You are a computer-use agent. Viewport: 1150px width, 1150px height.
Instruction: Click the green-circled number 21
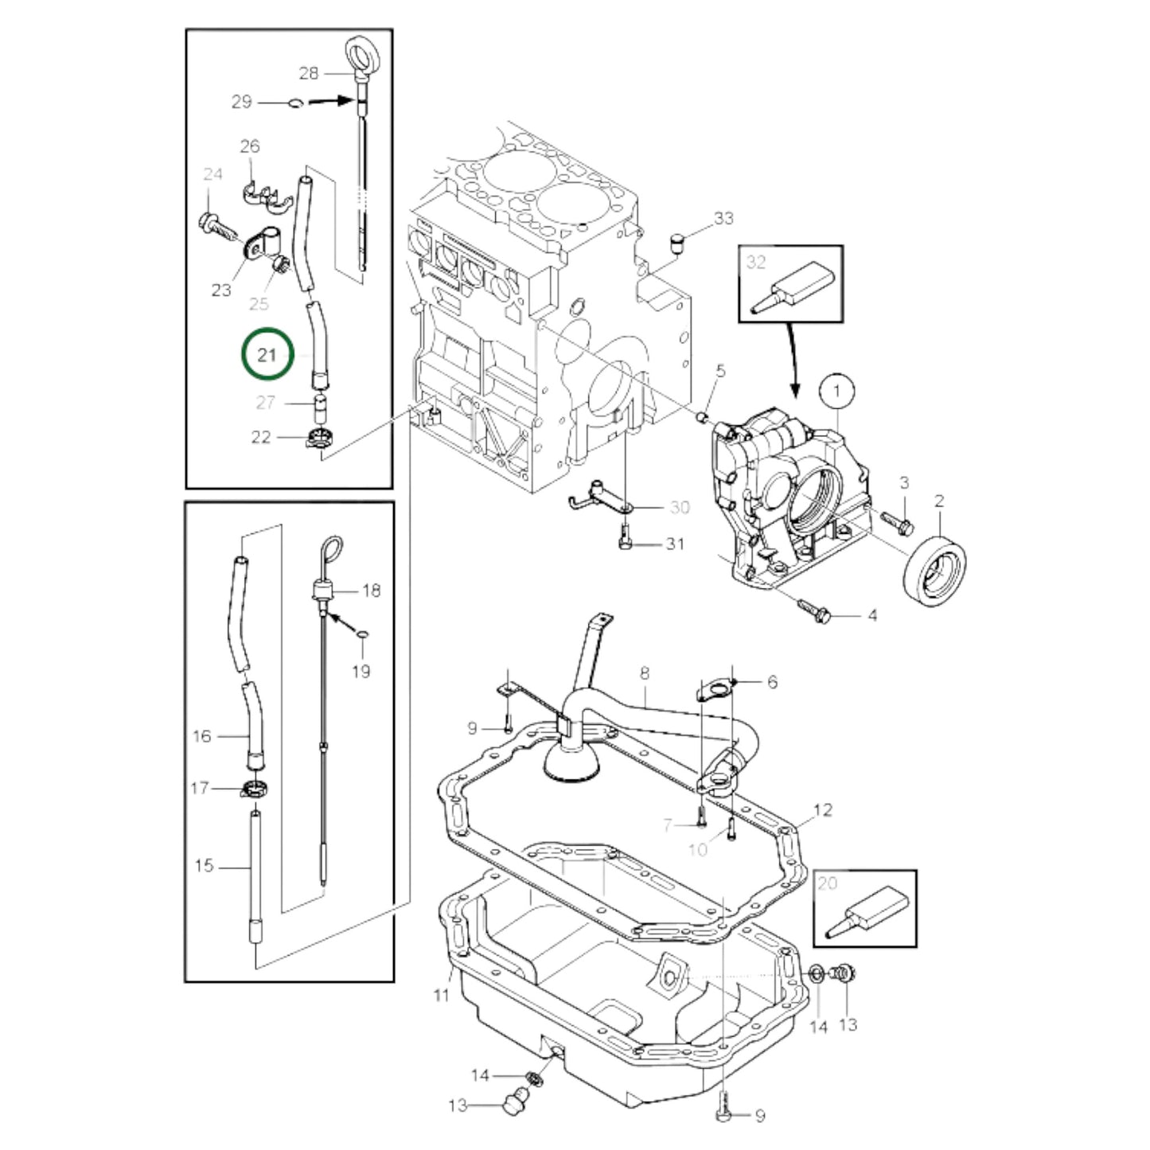(266, 354)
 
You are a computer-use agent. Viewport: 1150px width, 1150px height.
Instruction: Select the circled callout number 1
(836, 391)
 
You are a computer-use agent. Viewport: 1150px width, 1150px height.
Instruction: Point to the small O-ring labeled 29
(294, 102)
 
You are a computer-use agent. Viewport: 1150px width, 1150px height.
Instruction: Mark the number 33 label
(723, 218)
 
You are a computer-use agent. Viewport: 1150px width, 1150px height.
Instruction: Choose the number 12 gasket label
(822, 810)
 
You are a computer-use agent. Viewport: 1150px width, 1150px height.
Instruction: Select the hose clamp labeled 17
(254, 789)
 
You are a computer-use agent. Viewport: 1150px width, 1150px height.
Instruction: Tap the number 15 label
(204, 864)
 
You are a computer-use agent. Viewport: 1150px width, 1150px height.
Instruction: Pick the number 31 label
(675, 544)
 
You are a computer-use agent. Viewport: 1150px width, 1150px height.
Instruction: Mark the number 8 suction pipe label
(644, 673)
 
